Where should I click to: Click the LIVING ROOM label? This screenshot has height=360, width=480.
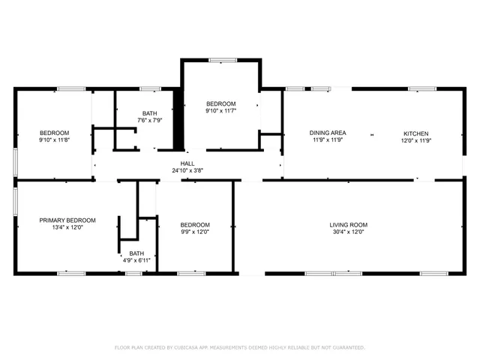click(x=349, y=225)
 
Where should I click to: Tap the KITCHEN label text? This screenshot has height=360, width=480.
click(x=415, y=133)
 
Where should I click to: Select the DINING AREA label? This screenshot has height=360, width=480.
click(x=327, y=133)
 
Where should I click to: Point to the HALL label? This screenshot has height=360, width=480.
click(x=187, y=163)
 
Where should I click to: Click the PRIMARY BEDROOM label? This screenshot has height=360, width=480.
click(x=67, y=220)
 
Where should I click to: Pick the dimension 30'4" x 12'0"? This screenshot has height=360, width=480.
click(x=349, y=232)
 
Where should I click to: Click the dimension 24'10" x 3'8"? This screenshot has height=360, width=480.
click(x=187, y=170)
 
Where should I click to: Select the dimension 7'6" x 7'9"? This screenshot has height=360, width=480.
click(x=149, y=120)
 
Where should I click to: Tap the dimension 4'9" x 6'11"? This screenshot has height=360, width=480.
click(x=136, y=260)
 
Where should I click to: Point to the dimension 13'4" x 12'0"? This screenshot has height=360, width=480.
click(x=67, y=227)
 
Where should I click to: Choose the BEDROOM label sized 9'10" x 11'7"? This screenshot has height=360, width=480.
click(x=221, y=103)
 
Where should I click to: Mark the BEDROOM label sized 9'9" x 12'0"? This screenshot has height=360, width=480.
click(x=195, y=225)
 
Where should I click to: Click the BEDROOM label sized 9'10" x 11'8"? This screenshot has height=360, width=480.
click(x=54, y=133)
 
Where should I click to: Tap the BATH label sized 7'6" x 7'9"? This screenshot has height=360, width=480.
click(x=149, y=112)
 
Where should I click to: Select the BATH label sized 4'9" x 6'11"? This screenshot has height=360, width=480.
click(x=136, y=253)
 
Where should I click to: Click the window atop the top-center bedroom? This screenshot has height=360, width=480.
click(x=221, y=60)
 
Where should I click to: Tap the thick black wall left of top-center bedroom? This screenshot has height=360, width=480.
click(x=178, y=120)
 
